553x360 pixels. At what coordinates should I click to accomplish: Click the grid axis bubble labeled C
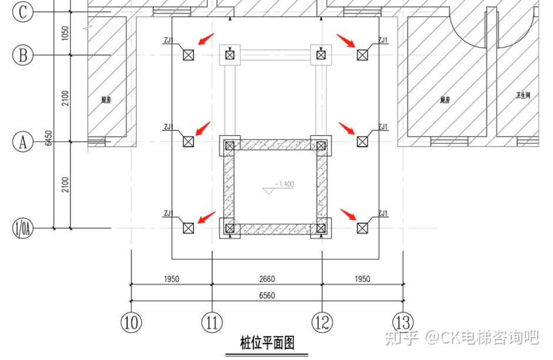click(x=23, y=12)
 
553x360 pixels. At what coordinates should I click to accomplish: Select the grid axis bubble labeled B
click(x=23, y=55)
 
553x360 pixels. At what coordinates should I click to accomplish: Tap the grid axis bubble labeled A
click(x=23, y=142)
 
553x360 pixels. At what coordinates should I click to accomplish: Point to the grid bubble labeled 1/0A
click(x=23, y=228)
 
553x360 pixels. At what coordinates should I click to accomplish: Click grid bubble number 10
click(x=131, y=322)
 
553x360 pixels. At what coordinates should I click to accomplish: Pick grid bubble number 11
click(x=212, y=322)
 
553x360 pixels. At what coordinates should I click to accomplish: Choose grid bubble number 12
click(x=322, y=322)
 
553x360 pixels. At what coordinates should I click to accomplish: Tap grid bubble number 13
click(x=403, y=322)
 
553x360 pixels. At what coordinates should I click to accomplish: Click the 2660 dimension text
click(x=267, y=279)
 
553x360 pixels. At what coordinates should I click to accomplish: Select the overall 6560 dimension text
click(x=267, y=295)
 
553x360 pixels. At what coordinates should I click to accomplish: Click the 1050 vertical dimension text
click(x=65, y=33)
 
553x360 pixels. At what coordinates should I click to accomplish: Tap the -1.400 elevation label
click(x=283, y=184)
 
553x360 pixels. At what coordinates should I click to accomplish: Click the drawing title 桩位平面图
click(x=267, y=342)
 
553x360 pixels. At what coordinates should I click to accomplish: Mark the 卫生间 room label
click(x=524, y=95)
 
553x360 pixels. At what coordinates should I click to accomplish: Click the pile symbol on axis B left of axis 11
click(x=188, y=55)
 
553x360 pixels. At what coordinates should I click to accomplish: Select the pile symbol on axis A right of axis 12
click(x=362, y=142)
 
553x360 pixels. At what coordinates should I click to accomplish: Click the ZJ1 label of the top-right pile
click(x=383, y=41)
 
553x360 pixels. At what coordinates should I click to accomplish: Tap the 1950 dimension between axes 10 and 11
click(x=172, y=279)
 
